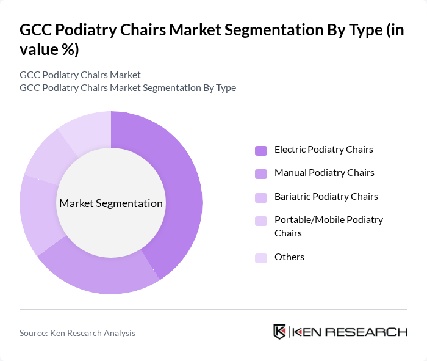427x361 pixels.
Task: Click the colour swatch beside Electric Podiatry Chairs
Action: pyautogui.click(x=261, y=150)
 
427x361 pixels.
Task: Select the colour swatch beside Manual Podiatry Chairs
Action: pyautogui.click(x=261, y=173)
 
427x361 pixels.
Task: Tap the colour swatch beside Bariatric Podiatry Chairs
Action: pyautogui.click(x=261, y=197)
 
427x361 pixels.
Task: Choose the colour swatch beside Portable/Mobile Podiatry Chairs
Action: pyautogui.click(x=261, y=221)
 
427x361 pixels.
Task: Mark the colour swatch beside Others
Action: pyautogui.click(x=261, y=258)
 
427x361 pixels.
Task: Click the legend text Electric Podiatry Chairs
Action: pyautogui.click(x=323, y=149)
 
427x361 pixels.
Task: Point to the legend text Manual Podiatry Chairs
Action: pyautogui.click(x=324, y=173)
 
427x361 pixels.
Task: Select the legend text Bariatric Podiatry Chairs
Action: pyautogui.click(x=326, y=196)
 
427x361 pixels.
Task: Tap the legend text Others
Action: pyautogui.click(x=289, y=257)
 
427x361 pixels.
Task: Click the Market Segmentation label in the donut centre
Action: pyautogui.click(x=111, y=203)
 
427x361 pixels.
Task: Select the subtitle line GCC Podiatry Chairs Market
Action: pyautogui.click(x=80, y=75)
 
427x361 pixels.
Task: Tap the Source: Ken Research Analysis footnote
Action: pyautogui.click(x=77, y=333)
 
